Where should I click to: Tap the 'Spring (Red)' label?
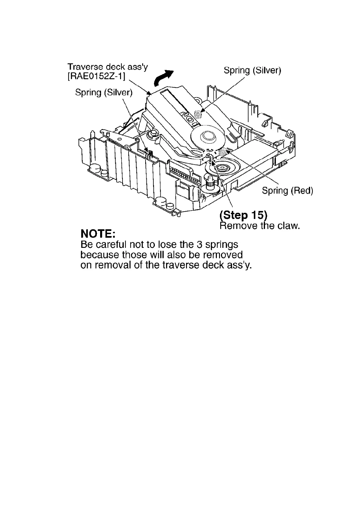[x=287, y=191]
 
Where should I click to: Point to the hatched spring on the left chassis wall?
[x=149, y=154]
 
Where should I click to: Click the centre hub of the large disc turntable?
[x=208, y=136]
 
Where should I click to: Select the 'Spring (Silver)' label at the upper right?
[x=252, y=71]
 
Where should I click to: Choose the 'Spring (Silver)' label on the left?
[x=104, y=92]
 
